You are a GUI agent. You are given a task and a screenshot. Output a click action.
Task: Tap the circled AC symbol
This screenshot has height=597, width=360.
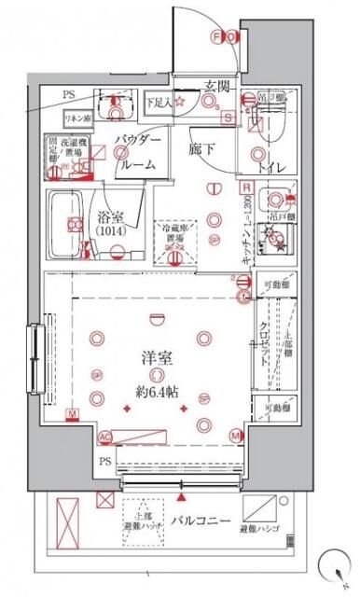104,436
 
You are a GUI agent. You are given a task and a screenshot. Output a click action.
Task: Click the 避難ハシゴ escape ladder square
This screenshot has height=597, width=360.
260,508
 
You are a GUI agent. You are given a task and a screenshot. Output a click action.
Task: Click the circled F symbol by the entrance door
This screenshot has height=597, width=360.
218,37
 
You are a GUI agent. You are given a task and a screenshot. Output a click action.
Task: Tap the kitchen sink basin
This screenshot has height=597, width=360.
272,199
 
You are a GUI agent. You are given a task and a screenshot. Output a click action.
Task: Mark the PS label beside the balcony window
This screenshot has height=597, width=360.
104,462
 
